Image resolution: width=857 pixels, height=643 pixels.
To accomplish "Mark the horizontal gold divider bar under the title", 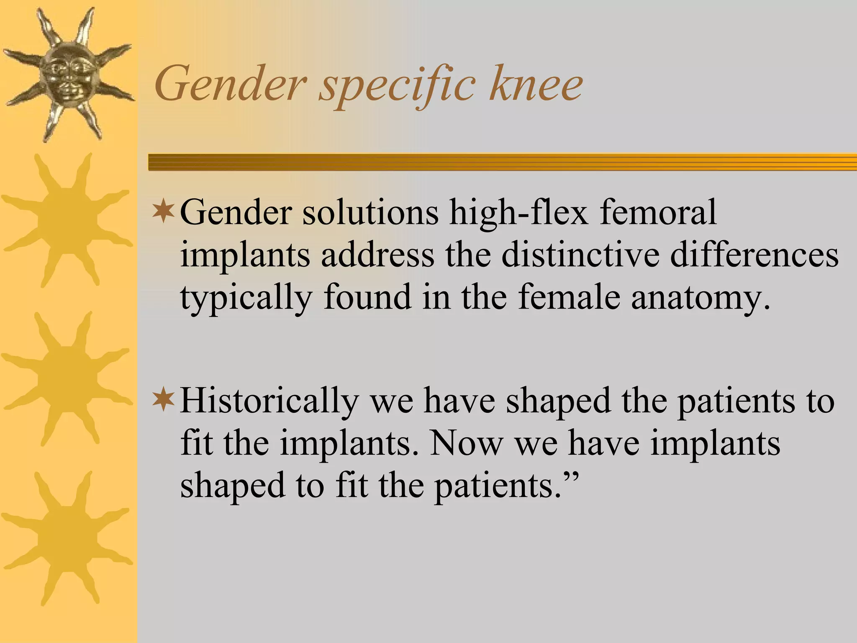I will coord(502,162).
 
